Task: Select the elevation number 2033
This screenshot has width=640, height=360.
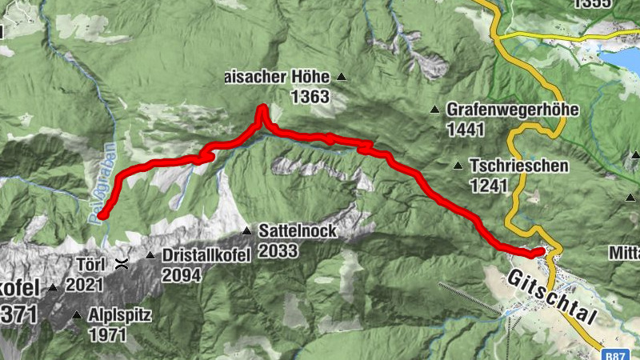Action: [x=278, y=251]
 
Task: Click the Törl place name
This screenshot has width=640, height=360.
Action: [x=90, y=262]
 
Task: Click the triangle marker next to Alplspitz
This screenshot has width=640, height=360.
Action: [x=77, y=315]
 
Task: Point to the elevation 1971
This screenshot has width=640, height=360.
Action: [x=108, y=334]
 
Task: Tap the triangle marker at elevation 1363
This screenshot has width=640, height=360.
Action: [x=342, y=78]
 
